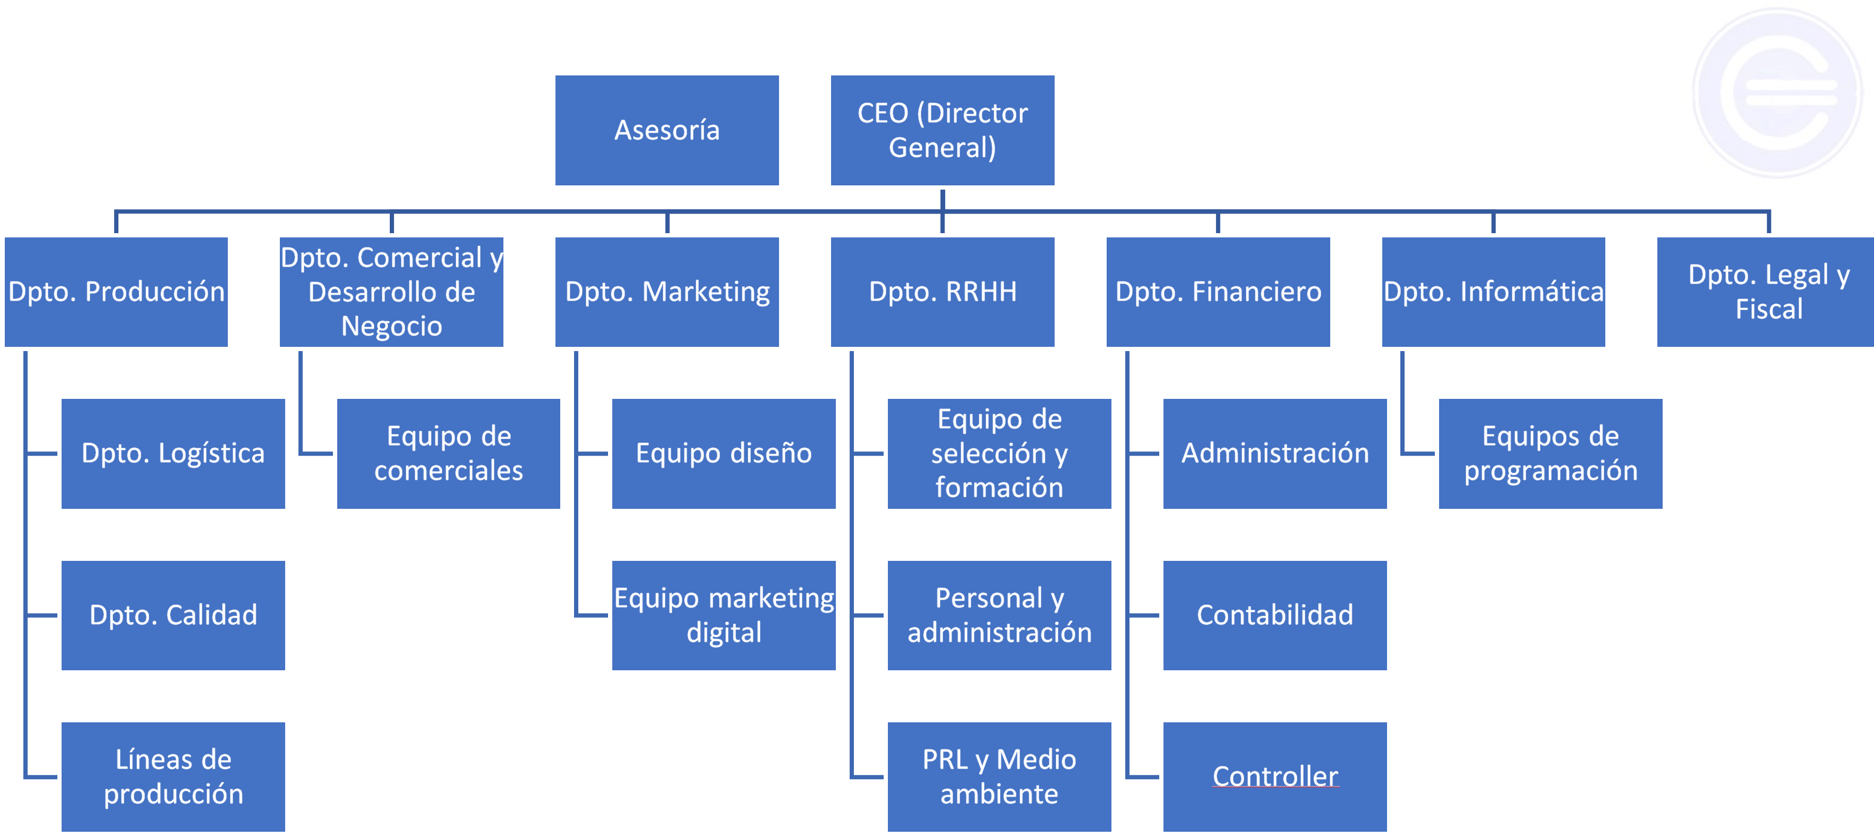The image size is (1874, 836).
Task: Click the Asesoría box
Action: click(666, 130)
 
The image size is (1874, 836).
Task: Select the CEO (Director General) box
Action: click(942, 130)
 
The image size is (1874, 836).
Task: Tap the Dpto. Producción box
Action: click(116, 292)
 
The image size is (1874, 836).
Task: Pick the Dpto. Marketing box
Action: click(666, 292)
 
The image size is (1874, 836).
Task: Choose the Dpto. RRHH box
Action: click(942, 292)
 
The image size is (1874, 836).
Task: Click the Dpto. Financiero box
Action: click(1218, 292)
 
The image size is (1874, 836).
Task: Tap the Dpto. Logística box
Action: click(173, 453)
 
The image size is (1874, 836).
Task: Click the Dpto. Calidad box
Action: click(173, 616)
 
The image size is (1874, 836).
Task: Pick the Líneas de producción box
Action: click(173, 777)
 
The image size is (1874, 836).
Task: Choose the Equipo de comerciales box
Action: click(448, 453)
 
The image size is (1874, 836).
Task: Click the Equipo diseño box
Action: click(724, 453)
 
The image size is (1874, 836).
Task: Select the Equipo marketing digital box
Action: click(724, 616)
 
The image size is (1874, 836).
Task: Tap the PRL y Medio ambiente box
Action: click(999, 777)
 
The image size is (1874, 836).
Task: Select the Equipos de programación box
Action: click(1550, 453)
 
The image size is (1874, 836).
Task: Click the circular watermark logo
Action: click(1778, 92)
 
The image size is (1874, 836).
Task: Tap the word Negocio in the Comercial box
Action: click(391, 326)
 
